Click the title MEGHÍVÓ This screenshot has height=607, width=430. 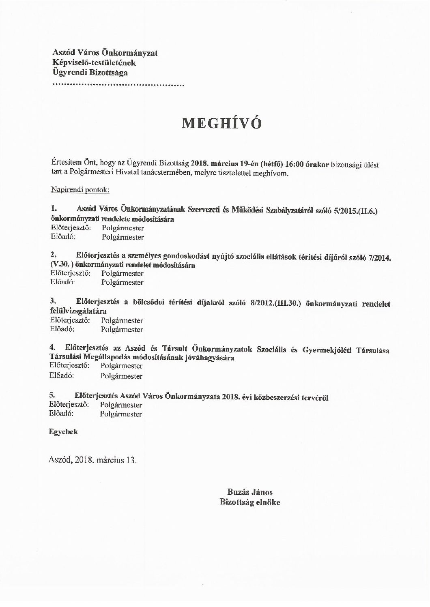tap(221, 123)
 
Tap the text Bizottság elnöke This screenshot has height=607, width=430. tap(249, 502)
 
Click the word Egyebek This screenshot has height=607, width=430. tap(63, 432)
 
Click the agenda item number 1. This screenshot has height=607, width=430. tap(53, 209)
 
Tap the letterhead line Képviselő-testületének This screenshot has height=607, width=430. tap(94, 63)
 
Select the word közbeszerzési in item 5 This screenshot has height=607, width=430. tap(275, 398)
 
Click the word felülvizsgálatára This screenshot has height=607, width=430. tap(78, 311)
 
